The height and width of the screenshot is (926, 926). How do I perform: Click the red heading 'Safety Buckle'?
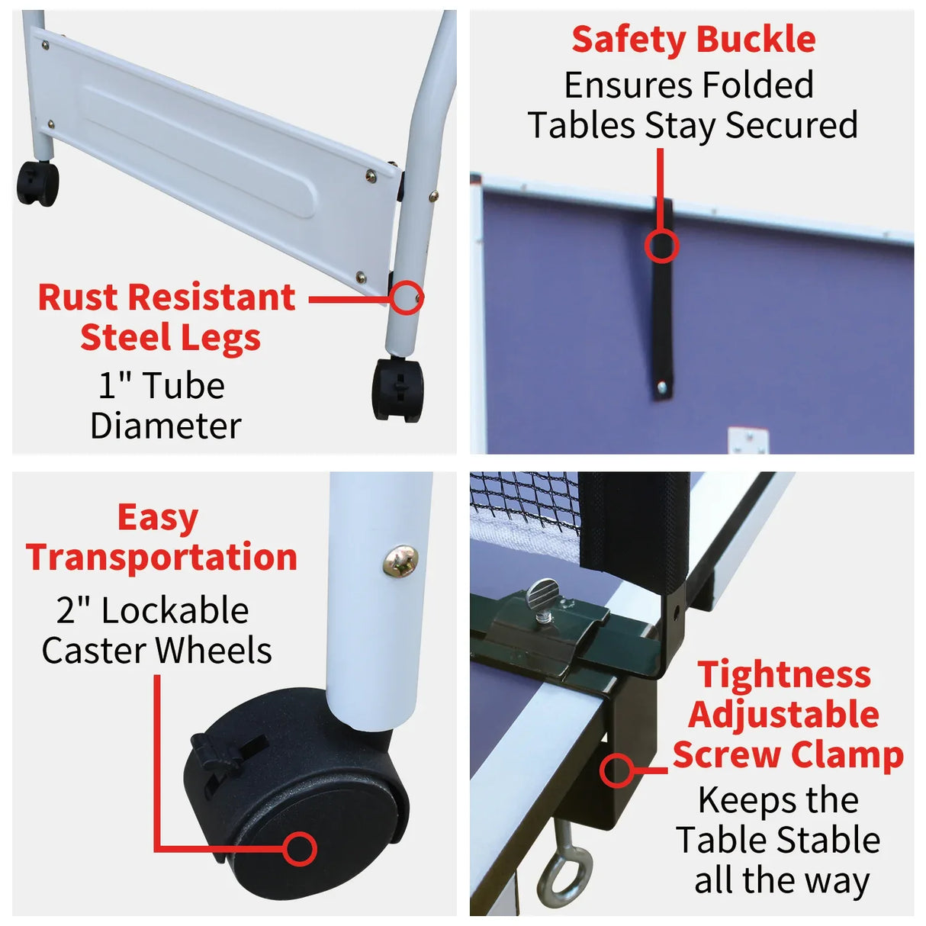point(693,40)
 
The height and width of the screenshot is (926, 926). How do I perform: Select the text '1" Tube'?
point(162,386)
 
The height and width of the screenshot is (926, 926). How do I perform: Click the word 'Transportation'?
point(161,558)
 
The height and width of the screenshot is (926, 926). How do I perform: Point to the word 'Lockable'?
point(175,611)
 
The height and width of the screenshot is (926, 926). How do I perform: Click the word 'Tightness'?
point(783,675)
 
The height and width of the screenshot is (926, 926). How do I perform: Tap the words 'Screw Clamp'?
point(787,754)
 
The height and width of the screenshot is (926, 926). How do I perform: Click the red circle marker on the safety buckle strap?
point(661,246)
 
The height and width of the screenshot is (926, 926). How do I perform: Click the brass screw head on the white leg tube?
point(400,561)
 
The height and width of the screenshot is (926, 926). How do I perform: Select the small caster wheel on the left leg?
point(37,184)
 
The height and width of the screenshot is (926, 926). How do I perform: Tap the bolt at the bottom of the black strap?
point(661,388)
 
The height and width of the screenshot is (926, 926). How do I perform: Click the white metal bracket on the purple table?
point(748,442)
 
